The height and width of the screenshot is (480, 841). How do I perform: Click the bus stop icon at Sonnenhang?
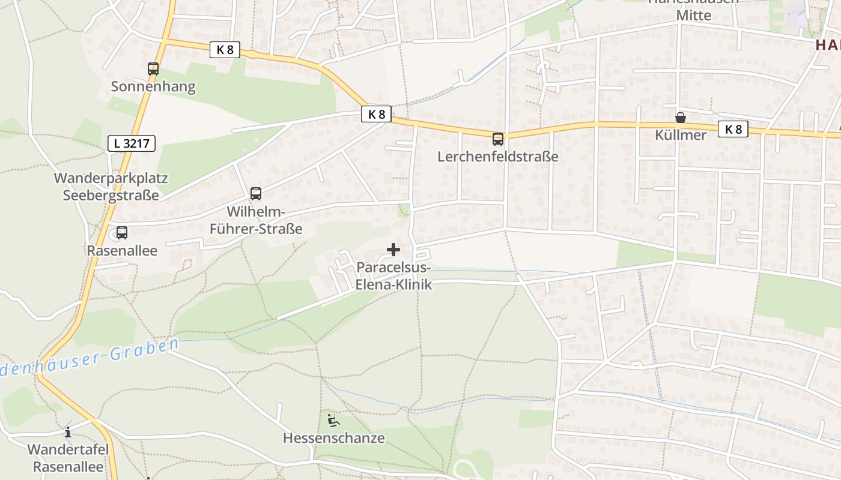153,69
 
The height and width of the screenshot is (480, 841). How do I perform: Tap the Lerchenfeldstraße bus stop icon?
498,139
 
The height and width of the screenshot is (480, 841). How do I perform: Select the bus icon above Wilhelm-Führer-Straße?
256,194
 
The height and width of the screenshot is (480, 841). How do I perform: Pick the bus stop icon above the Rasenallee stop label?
122,233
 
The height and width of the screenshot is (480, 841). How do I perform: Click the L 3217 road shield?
132,143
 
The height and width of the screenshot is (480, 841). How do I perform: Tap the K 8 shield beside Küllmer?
733,129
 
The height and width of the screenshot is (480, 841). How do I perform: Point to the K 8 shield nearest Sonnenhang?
225,50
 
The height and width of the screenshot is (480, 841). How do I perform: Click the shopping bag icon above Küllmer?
681,118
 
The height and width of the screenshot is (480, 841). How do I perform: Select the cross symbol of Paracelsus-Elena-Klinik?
393,250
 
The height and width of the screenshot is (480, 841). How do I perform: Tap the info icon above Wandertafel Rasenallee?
68,432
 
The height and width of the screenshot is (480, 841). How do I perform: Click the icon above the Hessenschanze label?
333,420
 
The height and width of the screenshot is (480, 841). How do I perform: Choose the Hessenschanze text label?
333,438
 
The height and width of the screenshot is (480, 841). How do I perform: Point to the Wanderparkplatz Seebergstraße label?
111,187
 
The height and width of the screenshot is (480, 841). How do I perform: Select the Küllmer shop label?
681,135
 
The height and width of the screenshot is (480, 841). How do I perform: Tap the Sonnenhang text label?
153,86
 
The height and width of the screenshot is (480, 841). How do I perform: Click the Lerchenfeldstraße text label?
498,157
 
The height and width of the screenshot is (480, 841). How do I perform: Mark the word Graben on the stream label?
147,349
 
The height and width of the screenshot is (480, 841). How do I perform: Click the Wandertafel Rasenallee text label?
68,458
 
